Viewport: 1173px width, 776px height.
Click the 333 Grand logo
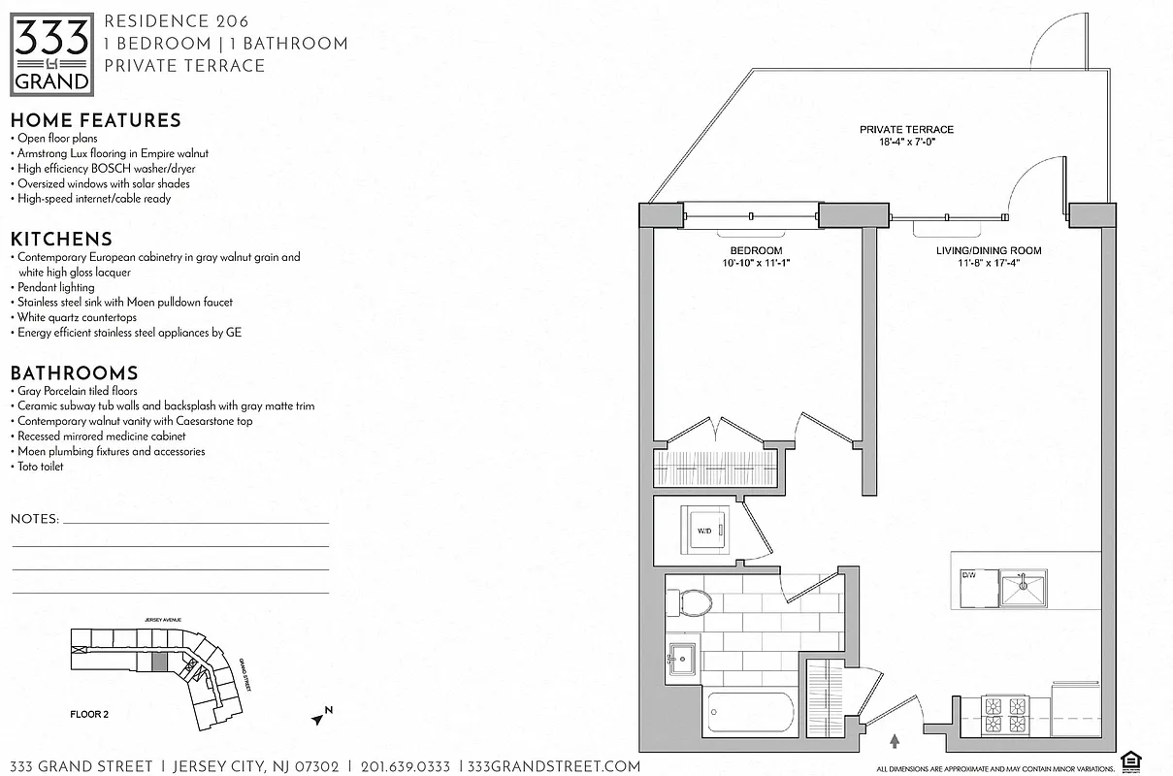52,53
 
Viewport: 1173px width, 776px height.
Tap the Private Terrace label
906,129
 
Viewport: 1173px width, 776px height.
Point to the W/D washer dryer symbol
705,530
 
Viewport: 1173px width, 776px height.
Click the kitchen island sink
1023,587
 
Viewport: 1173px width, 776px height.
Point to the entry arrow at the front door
894,740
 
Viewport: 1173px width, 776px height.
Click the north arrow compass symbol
320,717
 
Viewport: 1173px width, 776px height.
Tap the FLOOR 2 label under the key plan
89,714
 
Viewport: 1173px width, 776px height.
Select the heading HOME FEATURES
95,120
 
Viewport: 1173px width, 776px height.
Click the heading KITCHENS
61,239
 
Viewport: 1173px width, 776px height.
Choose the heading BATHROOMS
74,373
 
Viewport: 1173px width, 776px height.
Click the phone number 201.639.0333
406,766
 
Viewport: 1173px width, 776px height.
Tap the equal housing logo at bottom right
1129,758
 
